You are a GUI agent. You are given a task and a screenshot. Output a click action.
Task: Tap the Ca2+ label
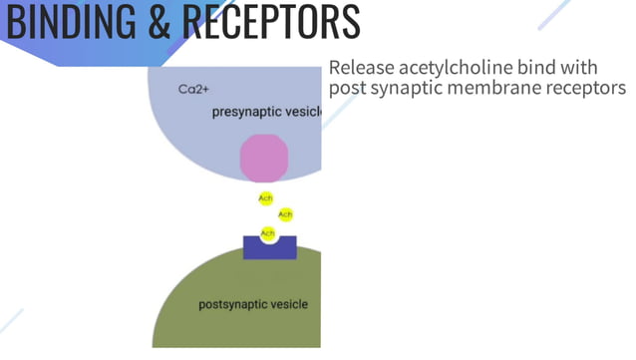pos(192,90)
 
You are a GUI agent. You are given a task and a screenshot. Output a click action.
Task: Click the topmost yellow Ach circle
pos(265,198)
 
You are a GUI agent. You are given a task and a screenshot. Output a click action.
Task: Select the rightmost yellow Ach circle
pos(285,214)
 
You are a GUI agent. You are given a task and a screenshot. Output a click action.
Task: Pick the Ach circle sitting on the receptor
pos(267,233)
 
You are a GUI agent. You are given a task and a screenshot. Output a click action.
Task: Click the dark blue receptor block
pos(269,248)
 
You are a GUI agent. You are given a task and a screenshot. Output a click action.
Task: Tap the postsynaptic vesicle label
pos(253,304)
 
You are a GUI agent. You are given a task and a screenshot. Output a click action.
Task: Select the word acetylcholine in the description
pos(455,68)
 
